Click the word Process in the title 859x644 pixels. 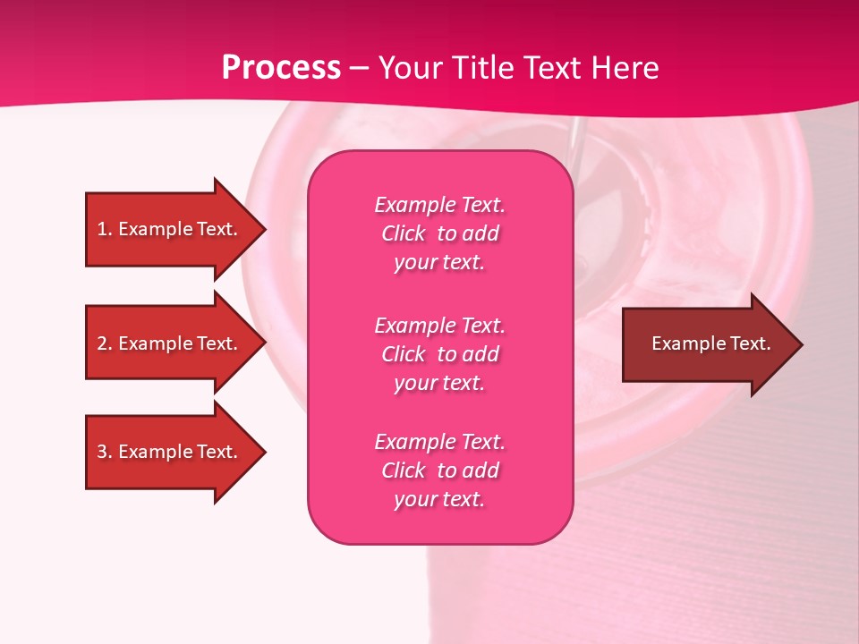tap(281, 68)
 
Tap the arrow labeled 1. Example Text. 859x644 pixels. tap(170, 229)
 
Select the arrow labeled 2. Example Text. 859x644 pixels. tap(170, 343)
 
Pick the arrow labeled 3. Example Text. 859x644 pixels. tap(170, 452)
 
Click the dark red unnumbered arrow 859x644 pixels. tap(707, 343)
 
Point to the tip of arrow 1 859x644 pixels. tap(264, 229)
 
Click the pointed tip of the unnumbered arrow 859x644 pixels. tap(801, 344)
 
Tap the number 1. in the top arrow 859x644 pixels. tap(104, 229)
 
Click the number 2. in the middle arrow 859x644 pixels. tap(104, 343)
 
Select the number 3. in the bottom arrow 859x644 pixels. tap(104, 452)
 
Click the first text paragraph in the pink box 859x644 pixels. tap(439, 233)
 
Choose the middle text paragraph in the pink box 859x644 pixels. tap(439, 354)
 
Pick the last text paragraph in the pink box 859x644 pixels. tap(439, 470)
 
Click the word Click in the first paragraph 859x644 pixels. tap(403, 233)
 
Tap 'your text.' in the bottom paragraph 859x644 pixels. tap(439, 499)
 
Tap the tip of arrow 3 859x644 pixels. tap(264, 452)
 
